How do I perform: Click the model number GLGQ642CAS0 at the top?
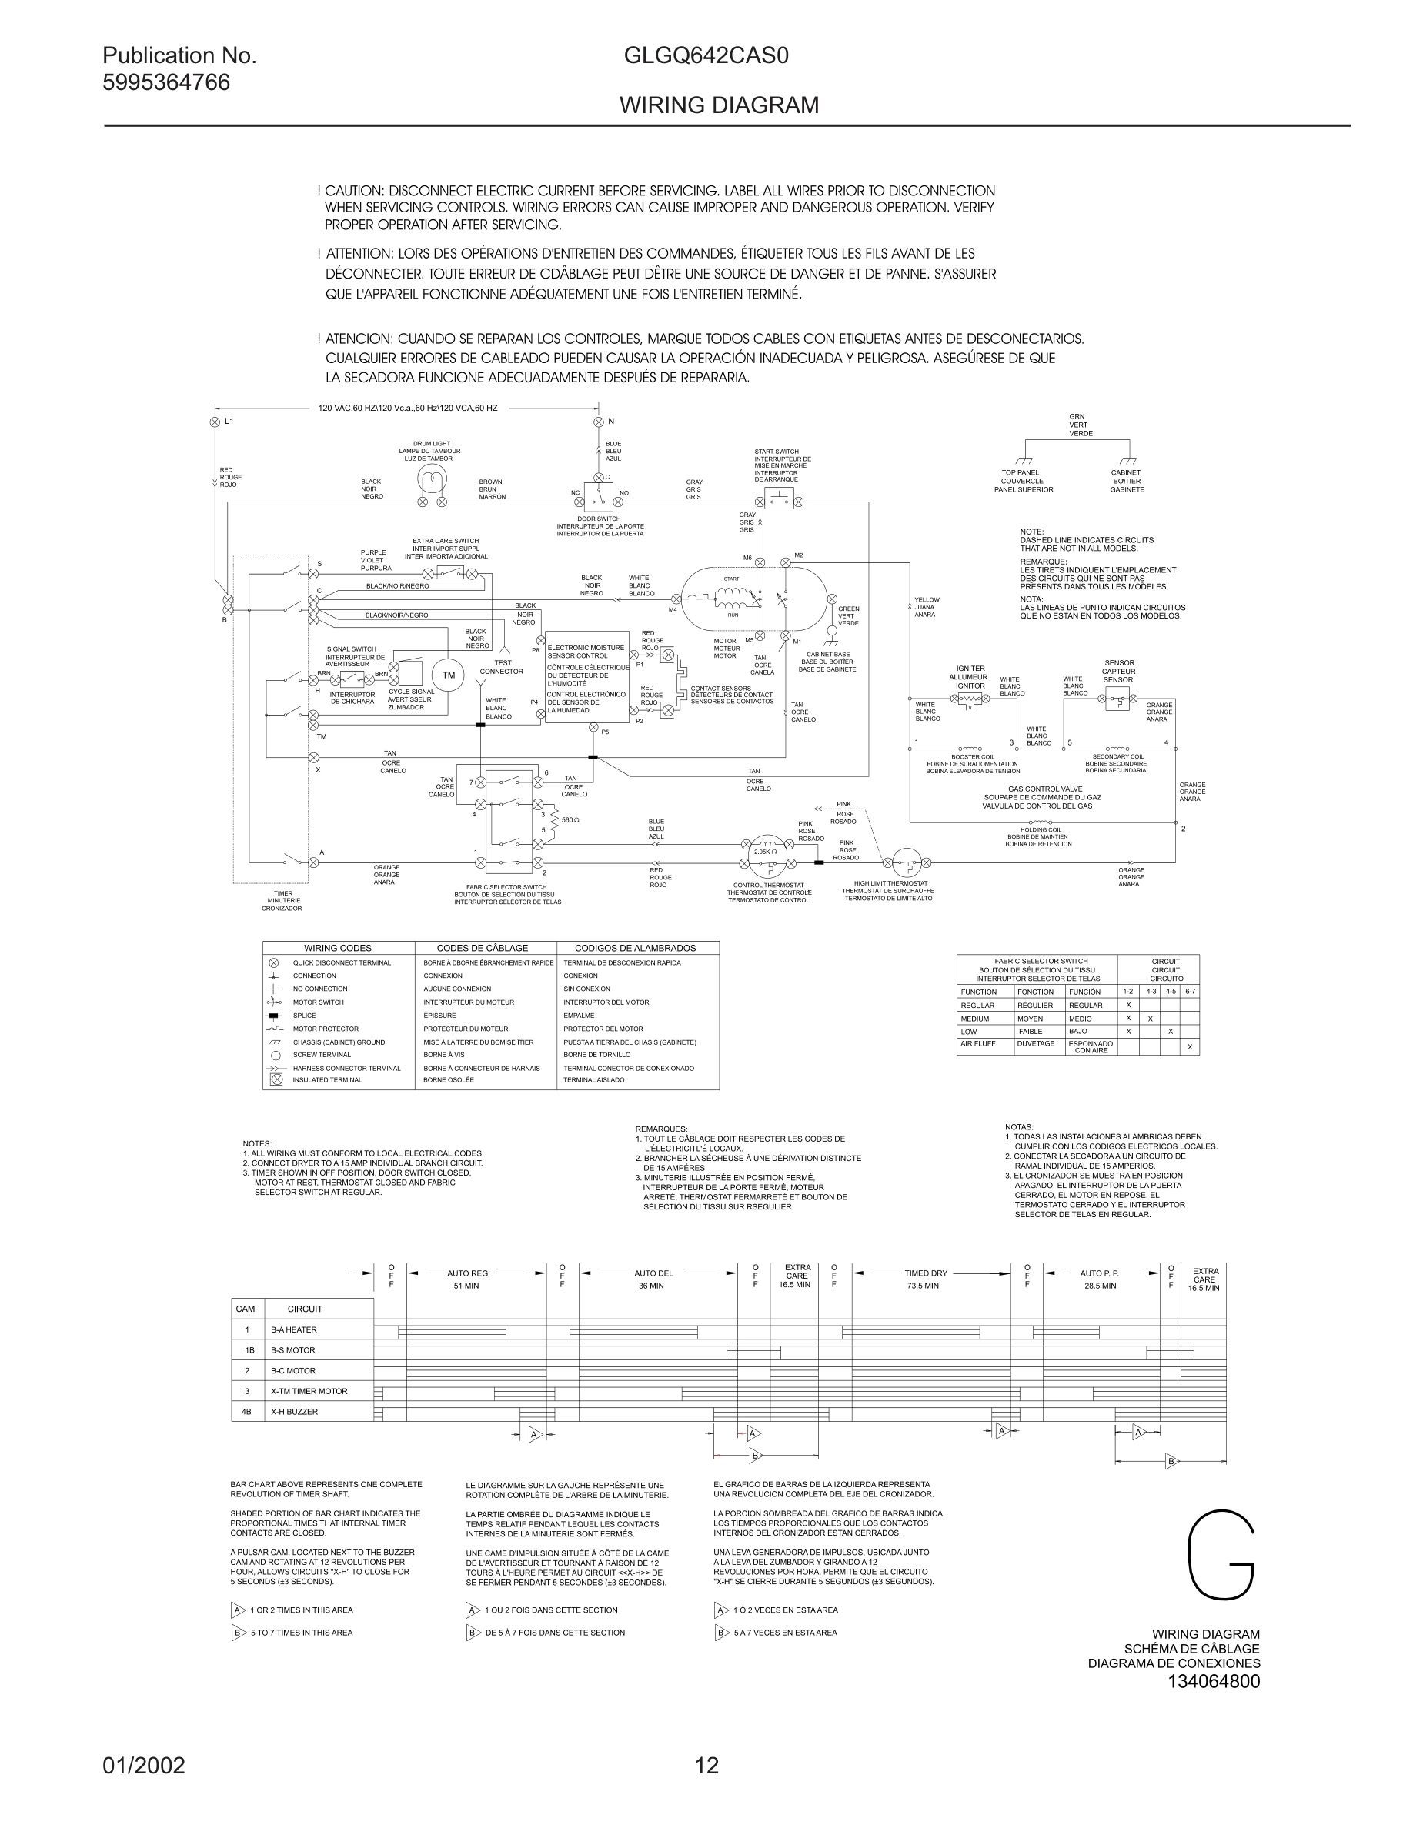[x=706, y=57]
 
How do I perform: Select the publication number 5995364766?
[x=165, y=84]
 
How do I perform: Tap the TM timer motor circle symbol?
[x=448, y=675]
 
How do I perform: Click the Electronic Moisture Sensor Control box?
[x=586, y=678]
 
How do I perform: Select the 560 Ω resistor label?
[x=571, y=819]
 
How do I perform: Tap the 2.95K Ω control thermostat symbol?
[x=765, y=851]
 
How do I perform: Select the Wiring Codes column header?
[x=337, y=949]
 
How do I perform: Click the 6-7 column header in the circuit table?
[x=1190, y=991]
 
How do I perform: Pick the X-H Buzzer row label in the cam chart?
[x=294, y=1412]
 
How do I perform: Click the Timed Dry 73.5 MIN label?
[x=924, y=1279]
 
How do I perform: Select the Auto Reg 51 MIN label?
[x=467, y=1279]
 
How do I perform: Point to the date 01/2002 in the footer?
[x=144, y=1766]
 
